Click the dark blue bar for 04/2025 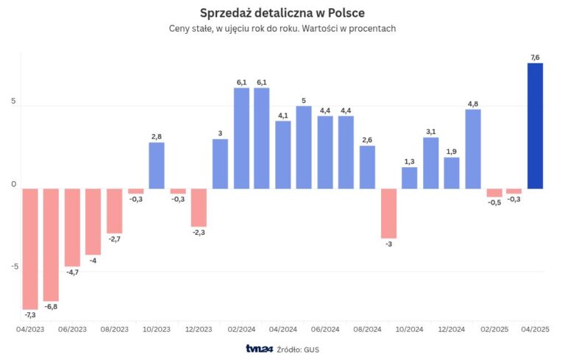pyautogui.click(x=535, y=125)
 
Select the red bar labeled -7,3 pyautogui.click(x=30, y=248)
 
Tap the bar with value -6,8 pyautogui.click(x=51, y=244)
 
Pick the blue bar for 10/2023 pyautogui.click(x=156, y=165)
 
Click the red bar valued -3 pyautogui.click(x=388, y=213)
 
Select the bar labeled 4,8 pyautogui.click(x=473, y=149)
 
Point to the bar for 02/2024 pyautogui.click(x=241, y=138)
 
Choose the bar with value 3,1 pyautogui.click(x=431, y=163)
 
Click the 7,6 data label pyautogui.click(x=535, y=57)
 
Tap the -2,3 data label pyautogui.click(x=199, y=233)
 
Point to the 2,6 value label pyautogui.click(x=367, y=140)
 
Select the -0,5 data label pyautogui.click(x=494, y=204)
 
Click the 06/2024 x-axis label pyautogui.click(x=325, y=329)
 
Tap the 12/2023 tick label pyautogui.click(x=199, y=329)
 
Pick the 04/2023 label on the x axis pyautogui.click(x=30, y=329)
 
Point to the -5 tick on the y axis pyautogui.click(x=13, y=267)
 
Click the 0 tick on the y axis pyautogui.click(x=13, y=184)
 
